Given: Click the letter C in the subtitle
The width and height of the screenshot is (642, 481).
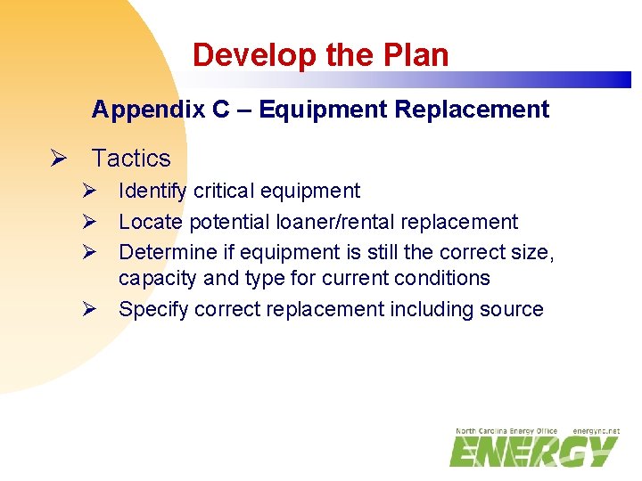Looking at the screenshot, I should (x=221, y=110).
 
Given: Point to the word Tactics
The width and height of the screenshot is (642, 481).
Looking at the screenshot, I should (x=131, y=159).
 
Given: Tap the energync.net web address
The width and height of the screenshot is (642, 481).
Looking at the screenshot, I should (x=596, y=431).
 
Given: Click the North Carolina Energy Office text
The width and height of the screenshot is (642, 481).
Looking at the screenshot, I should (x=506, y=431).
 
